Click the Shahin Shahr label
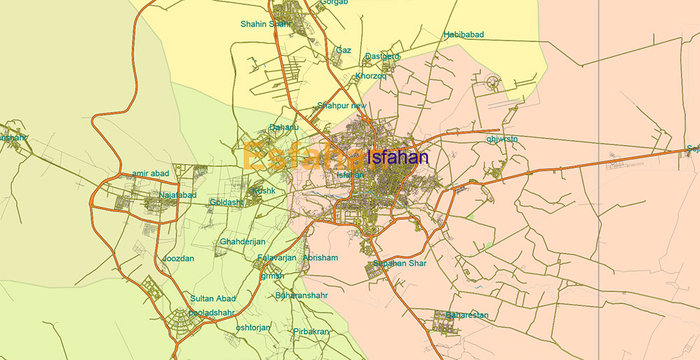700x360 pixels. pyautogui.click(x=265, y=24)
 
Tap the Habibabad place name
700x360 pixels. pyautogui.click(x=463, y=34)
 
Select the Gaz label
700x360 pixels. pyautogui.click(x=344, y=50)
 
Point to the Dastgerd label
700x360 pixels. pyautogui.click(x=382, y=56)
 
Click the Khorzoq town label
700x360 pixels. pyautogui.click(x=371, y=76)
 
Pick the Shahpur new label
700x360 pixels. pyautogui.click(x=342, y=106)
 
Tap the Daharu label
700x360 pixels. pyautogui.click(x=284, y=127)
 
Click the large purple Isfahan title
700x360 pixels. pyautogui.click(x=398, y=158)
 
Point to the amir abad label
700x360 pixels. pyautogui.click(x=150, y=174)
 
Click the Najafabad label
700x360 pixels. pyautogui.click(x=178, y=195)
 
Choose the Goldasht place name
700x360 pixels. pyautogui.click(x=226, y=202)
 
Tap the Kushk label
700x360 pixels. pyautogui.click(x=264, y=191)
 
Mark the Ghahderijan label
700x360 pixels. pyautogui.click(x=243, y=242)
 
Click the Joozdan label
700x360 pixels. pyautogui.click(x=178, y=258)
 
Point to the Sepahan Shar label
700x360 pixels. pyautogui.click(x=400, y=263)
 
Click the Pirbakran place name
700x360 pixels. pyautogui.click(x=311, y=331)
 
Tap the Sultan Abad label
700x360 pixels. pyautogui.click(x=213, y=298)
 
